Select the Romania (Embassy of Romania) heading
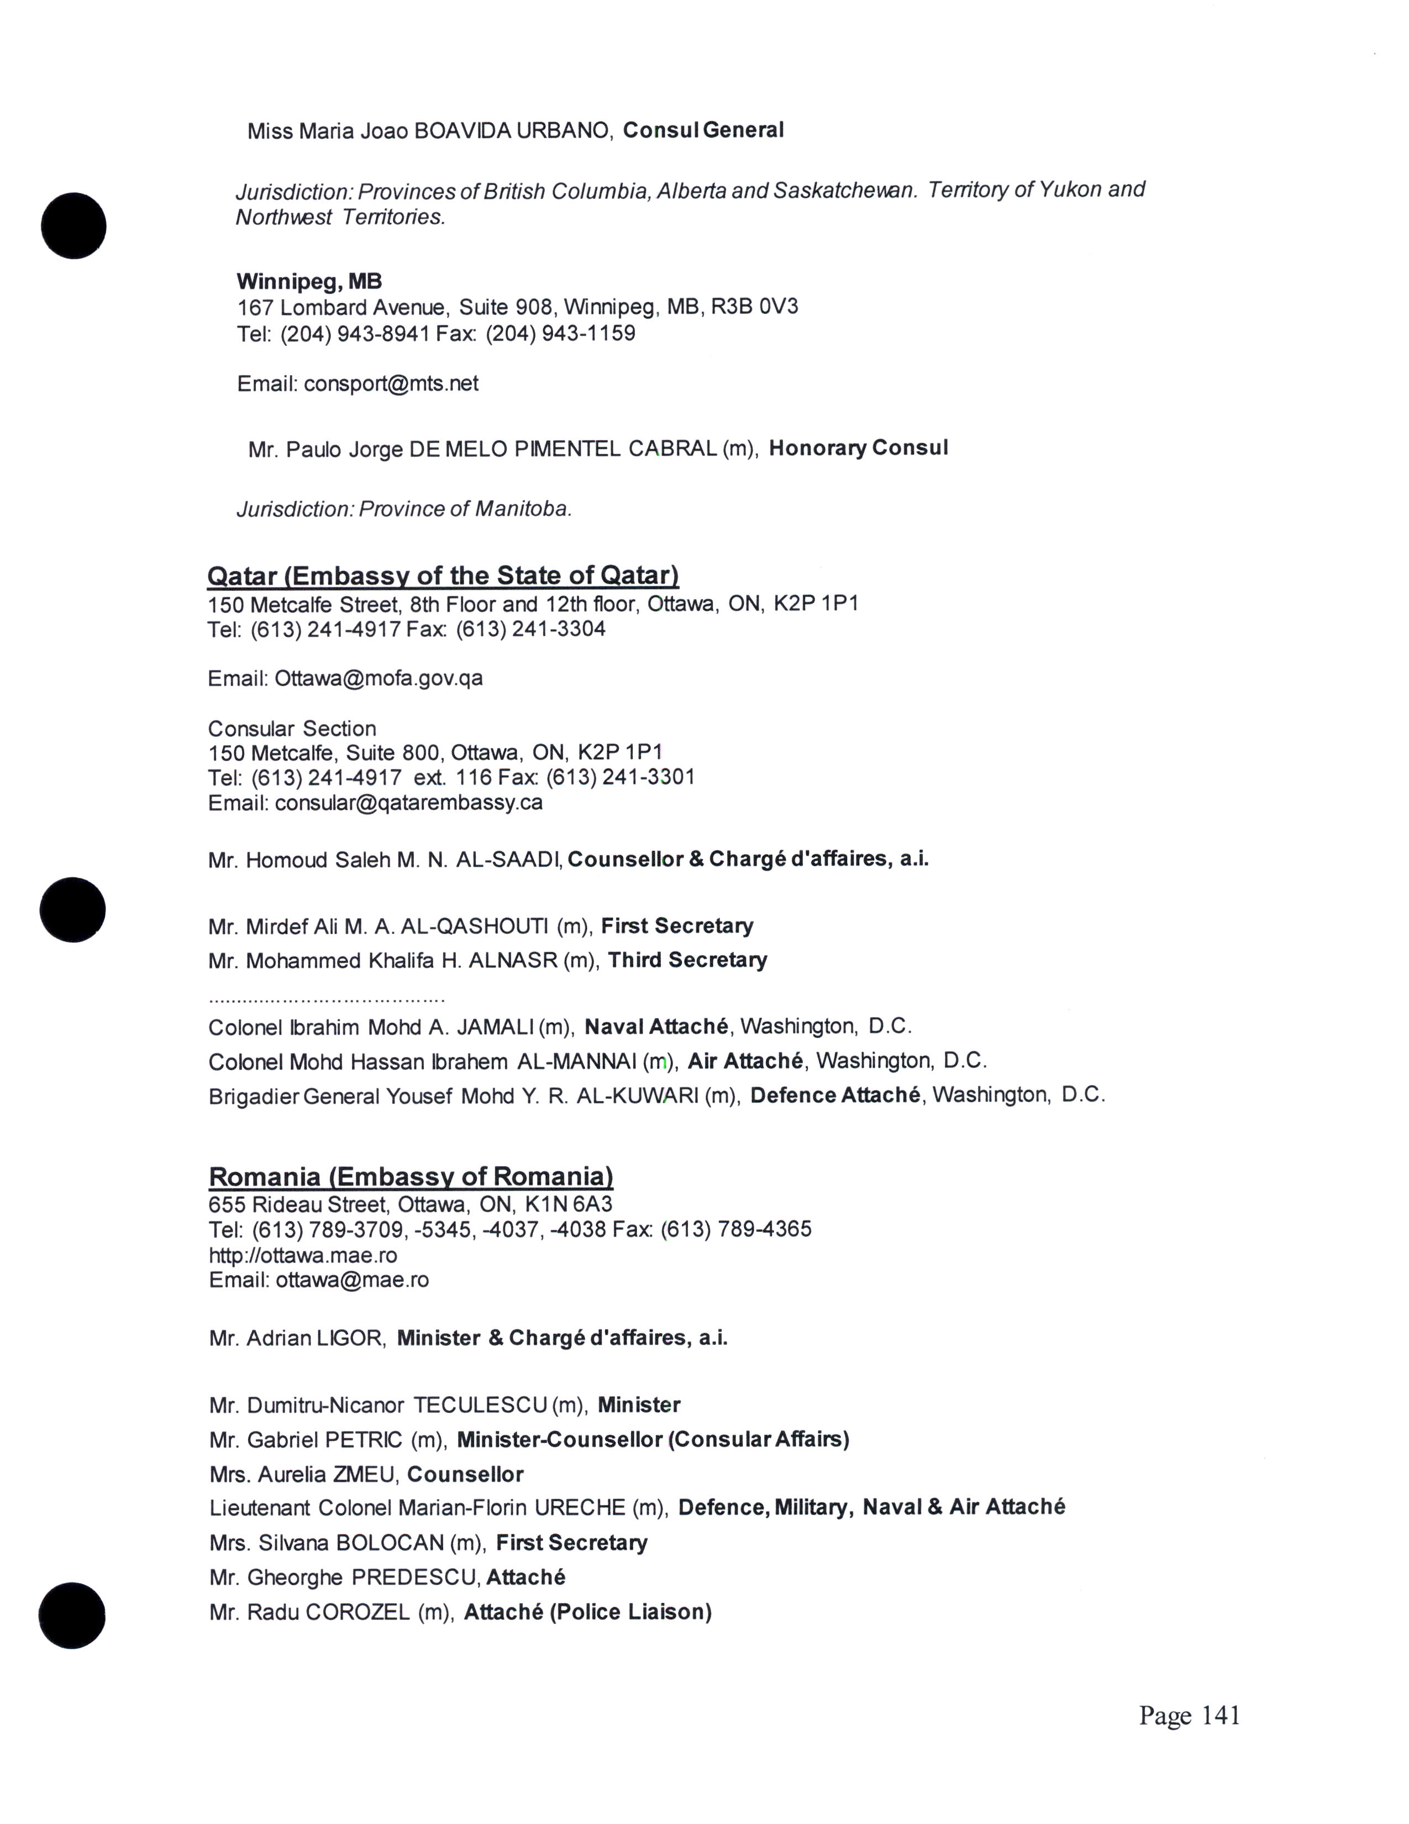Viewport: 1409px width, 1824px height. [411, 1177]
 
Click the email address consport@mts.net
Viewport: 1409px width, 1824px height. [391, 384]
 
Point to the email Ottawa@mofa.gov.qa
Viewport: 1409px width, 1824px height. [378, 678]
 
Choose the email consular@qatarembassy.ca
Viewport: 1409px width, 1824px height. [408, 803]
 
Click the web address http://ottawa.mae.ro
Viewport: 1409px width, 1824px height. [303, 1255]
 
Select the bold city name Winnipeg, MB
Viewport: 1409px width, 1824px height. [309, 281]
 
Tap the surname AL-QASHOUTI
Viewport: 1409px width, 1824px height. [474, 926]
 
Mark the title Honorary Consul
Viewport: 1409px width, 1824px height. [858, 448]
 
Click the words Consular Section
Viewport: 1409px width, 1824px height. [291, 728]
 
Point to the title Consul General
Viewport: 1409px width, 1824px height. [703, 130]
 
